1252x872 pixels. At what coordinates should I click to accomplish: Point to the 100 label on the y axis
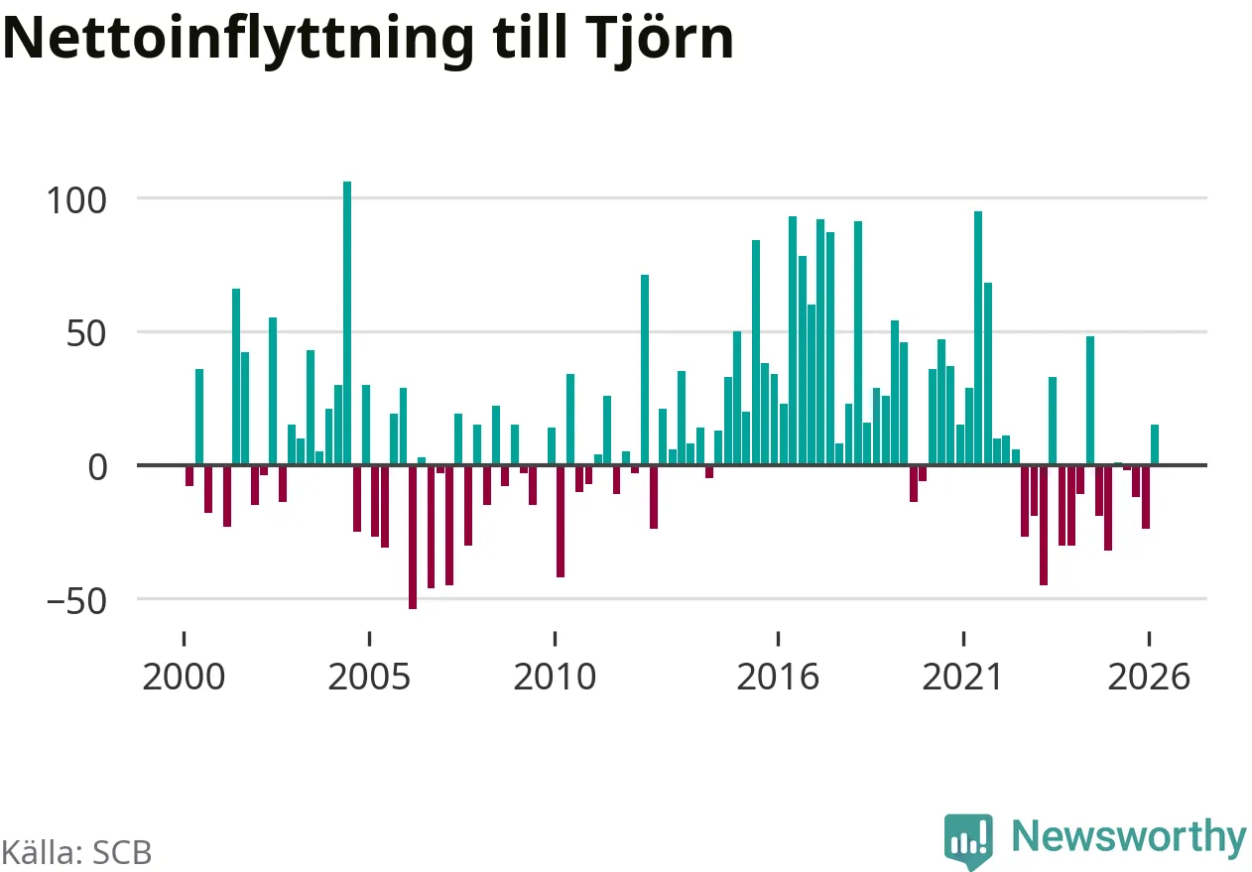76,200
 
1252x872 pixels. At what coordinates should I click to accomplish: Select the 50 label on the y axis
86,334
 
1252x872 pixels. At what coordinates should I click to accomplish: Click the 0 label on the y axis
97,467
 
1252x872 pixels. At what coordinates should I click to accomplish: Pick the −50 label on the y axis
76,601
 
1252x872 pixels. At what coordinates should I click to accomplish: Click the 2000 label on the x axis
184,677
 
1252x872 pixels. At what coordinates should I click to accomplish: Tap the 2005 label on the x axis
369,677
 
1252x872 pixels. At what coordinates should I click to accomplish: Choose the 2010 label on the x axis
555,677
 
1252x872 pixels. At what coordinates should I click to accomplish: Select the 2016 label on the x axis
778,677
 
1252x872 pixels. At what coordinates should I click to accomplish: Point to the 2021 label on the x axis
962,677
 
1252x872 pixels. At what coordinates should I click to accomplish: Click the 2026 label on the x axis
1149,677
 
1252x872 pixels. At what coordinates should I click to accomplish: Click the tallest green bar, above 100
347,323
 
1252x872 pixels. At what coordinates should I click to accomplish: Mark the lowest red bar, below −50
413,537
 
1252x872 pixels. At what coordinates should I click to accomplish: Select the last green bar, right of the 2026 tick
1155,445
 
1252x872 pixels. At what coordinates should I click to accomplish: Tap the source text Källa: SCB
76,852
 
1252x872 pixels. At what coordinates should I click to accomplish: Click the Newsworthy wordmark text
1129,837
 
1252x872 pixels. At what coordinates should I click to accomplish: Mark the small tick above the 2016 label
778,639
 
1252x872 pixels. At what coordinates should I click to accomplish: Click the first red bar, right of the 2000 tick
189,476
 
